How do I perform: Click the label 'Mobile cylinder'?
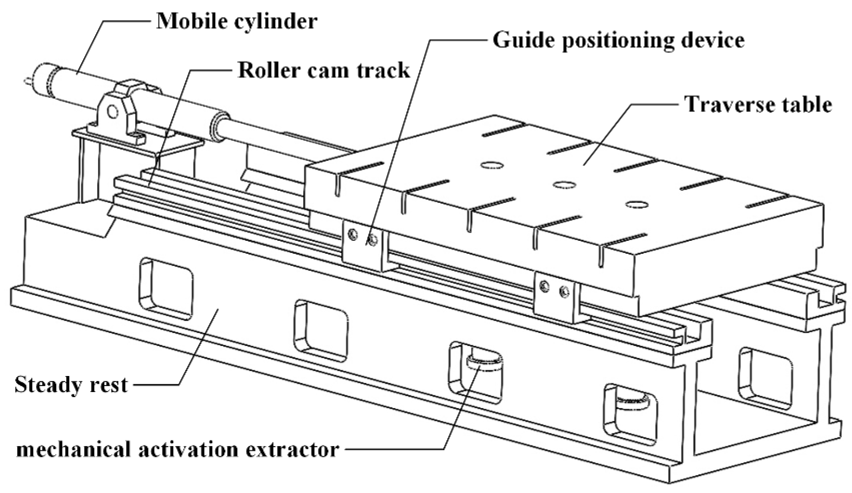(237, 21)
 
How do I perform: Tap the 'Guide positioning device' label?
(619, 41)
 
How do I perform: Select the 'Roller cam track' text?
(324, 70)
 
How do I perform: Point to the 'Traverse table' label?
(758, 104)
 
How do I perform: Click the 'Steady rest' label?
(71, 385)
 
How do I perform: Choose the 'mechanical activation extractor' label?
(177, 450)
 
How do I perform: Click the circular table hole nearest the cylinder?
(492, 166)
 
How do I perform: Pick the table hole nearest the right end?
(637, 204)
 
